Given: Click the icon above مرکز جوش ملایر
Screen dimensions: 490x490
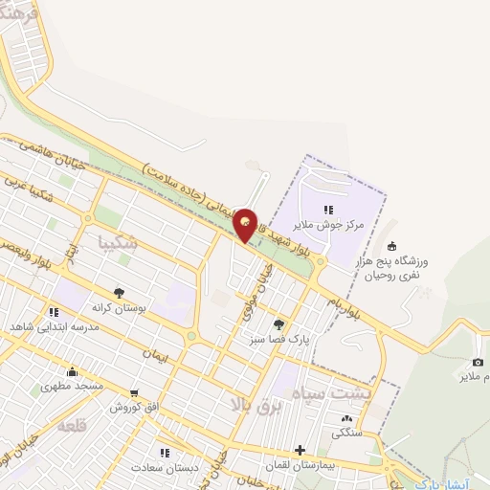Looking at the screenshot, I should pyautogui.click(x=328, y=210).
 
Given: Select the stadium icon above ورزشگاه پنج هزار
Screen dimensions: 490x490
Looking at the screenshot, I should pyautogui.click(x=391, y=245).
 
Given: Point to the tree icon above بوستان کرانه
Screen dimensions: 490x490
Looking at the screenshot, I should pyautogui.click(x=119, y=293).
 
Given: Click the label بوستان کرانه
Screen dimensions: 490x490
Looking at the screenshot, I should pyautogui.click(x=119, y=308).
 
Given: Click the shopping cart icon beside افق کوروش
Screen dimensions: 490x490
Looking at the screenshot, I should pyautogui.click(x=134, y=392).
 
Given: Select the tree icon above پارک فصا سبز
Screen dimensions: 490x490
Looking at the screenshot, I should pyautogui.click(x=278, y=324).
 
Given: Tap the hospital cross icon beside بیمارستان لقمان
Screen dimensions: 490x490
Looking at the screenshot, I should pyautogui.click(x=301, y=449).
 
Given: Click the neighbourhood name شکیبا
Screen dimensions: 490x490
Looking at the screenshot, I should pyautogui.click(x=119, y=243).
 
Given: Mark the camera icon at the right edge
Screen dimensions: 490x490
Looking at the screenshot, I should pyautogui.click(x=478, y=363).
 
